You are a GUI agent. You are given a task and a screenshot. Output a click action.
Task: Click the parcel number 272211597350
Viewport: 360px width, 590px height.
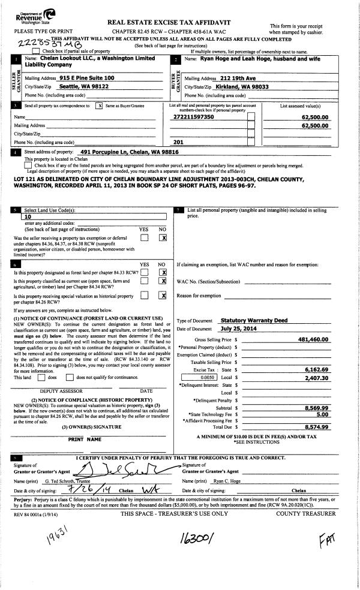pos(197,118)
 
